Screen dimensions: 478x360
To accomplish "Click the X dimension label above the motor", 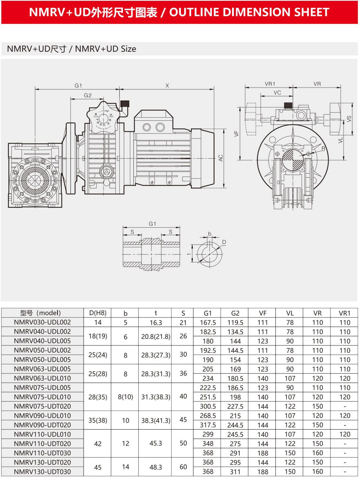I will tap(167, 86).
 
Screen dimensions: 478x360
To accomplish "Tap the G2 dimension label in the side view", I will tap(88, 95).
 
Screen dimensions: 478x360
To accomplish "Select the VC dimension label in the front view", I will tap(277, 93).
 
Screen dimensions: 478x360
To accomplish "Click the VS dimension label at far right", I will tap(349, 119).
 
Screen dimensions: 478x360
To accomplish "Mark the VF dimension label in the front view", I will tap(236, 133).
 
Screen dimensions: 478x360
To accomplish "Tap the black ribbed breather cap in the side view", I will tap(125, 103).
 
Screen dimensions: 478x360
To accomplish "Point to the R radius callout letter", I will tap(323, 148).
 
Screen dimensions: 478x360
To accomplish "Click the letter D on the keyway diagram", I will tap(224, 242).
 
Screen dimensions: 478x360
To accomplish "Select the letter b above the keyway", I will tap(210, 234).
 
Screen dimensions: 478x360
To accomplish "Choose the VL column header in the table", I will tap(290, 313).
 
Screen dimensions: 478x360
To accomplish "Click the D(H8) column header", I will tap(98, 313).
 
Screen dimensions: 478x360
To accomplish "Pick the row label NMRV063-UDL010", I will tap(42, 378).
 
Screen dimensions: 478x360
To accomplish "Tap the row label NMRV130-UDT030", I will tap(42, 471).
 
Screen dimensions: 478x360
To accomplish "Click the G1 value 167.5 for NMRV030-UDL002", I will tap(208, 322).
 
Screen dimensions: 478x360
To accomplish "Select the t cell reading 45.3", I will tap(156, 443).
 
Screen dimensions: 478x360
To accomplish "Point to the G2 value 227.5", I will tap(235, 406).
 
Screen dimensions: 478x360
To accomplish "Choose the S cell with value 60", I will tap(183, 467).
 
